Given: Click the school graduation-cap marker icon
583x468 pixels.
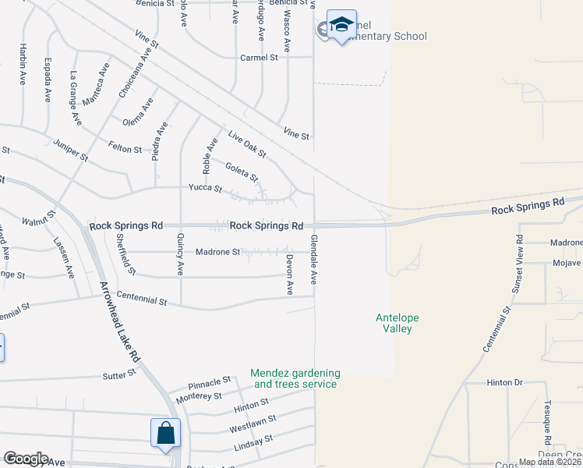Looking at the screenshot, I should pos(341,25).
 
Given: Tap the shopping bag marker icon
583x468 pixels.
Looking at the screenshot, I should pos(165,434).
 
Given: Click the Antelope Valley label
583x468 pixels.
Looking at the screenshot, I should pos(398,323).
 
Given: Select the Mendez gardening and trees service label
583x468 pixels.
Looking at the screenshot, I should pos(295,378).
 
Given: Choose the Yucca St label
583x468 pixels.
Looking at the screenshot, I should pos(205,188).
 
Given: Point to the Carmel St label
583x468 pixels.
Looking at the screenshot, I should pos(259,58).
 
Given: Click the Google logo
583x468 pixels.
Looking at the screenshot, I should pos(25,459).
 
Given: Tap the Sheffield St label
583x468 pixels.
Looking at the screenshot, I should pos(125,254).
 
